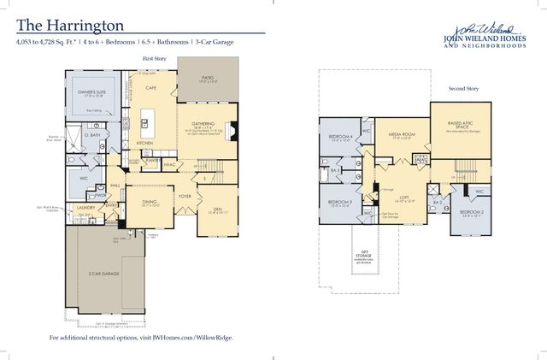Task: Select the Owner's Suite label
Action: pos(86,91)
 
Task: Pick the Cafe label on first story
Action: pos(150,88)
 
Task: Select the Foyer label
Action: pos(184,195)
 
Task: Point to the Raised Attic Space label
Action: pos(460,124)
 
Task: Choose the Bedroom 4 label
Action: pos(341,136)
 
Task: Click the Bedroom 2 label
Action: pos(472,211)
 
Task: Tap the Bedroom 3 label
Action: pos(340,203)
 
